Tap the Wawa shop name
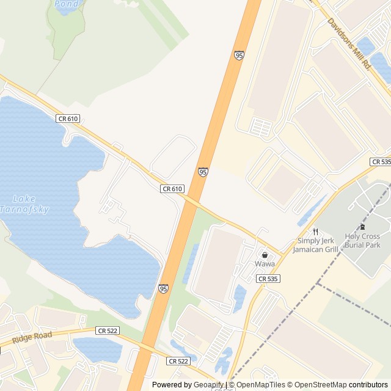click(x=265, y=264)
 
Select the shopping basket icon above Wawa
click(x=265, y=255)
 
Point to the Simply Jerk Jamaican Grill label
click(x=315, y=245)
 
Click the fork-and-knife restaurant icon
click(x=315, y=232)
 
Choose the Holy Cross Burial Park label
click(x=362, y=241)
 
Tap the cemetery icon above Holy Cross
click(x=362, y=227)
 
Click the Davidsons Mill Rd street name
click(x=349, y=42)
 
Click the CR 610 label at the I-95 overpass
click(x=172, y=189)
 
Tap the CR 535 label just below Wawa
click(x=268, y=279)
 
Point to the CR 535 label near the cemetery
click(x=381, y=162)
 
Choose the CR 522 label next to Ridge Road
click(x=108, y=331)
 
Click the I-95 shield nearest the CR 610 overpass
click(x=203, y=172)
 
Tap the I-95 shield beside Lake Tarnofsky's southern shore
click(x=163, y=288)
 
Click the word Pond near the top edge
click(x=66, y=4)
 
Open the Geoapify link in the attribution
click(x=208, y=385)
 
